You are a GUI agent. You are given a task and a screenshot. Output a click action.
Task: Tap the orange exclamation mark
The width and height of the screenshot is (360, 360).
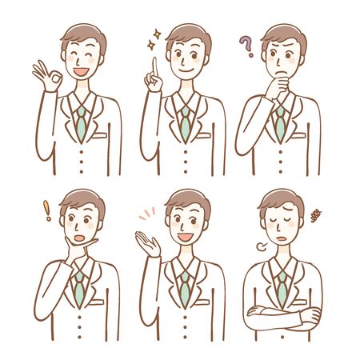(47, 211)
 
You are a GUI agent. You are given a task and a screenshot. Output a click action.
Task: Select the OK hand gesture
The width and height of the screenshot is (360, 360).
(44, 77)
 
